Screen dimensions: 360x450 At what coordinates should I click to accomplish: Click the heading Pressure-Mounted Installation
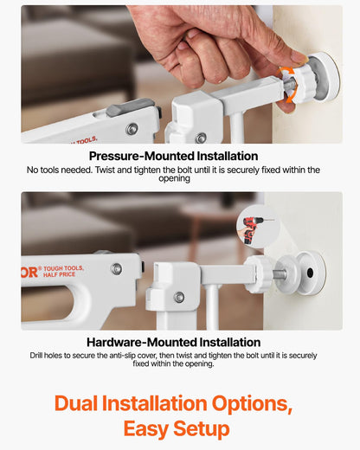[173, 156]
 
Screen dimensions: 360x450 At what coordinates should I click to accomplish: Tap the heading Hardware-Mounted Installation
[174, 343]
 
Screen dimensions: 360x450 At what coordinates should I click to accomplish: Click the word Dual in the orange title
[76, 403]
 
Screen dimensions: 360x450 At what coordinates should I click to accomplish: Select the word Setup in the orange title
[202, 429]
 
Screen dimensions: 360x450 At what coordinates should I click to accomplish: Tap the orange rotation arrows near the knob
[287, 84]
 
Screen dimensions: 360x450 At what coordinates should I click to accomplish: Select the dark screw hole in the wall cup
[310, 273]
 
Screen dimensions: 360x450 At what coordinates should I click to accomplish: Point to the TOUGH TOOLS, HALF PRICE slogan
[63, 271]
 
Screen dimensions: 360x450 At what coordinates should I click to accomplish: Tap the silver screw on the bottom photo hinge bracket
[179, 297]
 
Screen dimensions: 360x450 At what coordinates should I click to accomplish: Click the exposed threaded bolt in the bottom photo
[280, 273]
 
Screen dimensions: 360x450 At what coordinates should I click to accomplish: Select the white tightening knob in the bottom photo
[258, 273]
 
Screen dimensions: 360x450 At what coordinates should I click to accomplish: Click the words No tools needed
[60, 170]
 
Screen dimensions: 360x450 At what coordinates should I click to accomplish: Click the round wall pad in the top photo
[324, 77]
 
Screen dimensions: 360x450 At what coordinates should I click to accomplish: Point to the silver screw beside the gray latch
[132, 129]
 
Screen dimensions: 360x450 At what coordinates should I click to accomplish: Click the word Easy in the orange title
[145, 429]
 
